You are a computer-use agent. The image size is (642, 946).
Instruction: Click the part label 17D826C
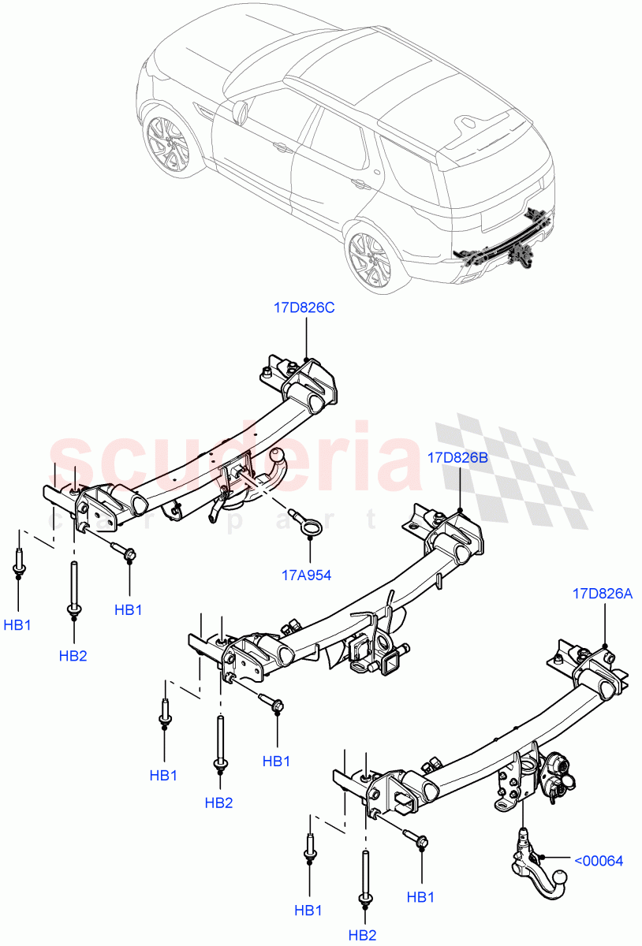tap(304, 308)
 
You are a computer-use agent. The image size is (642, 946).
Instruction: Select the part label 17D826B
tap(458, 457)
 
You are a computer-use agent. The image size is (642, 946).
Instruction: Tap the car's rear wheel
tap(368, 257)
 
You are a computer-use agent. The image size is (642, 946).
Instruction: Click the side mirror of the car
tap(240, 110)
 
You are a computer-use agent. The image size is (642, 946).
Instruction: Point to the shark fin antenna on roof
tap(468, 122)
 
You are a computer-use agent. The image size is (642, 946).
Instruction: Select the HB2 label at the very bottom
tap(362, 935)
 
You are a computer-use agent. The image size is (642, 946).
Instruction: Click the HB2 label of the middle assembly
tap(218, 803)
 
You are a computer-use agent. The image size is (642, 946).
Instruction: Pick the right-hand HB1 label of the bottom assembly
tap(421, 897)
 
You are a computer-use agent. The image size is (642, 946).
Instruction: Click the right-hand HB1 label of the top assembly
tap(128, 609)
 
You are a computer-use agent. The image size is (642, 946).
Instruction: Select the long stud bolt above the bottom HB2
tap(366, 875)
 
